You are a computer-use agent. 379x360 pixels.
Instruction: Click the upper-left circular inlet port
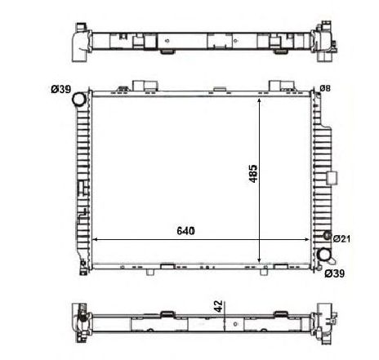[78, 100]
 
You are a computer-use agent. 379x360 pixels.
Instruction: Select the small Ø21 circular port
[328, 238]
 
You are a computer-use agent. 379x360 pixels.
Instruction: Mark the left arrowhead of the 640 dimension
[95, 240]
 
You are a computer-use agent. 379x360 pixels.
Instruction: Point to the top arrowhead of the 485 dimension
[261, 97]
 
